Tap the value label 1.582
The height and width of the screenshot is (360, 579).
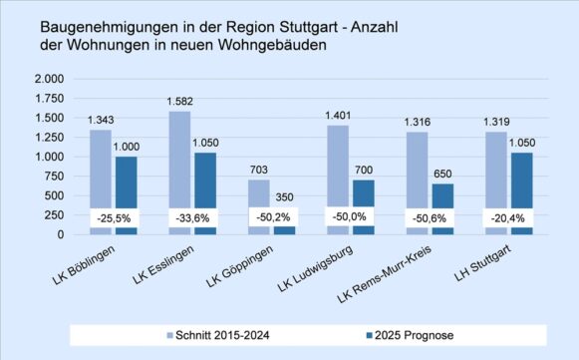coord(178,101)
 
